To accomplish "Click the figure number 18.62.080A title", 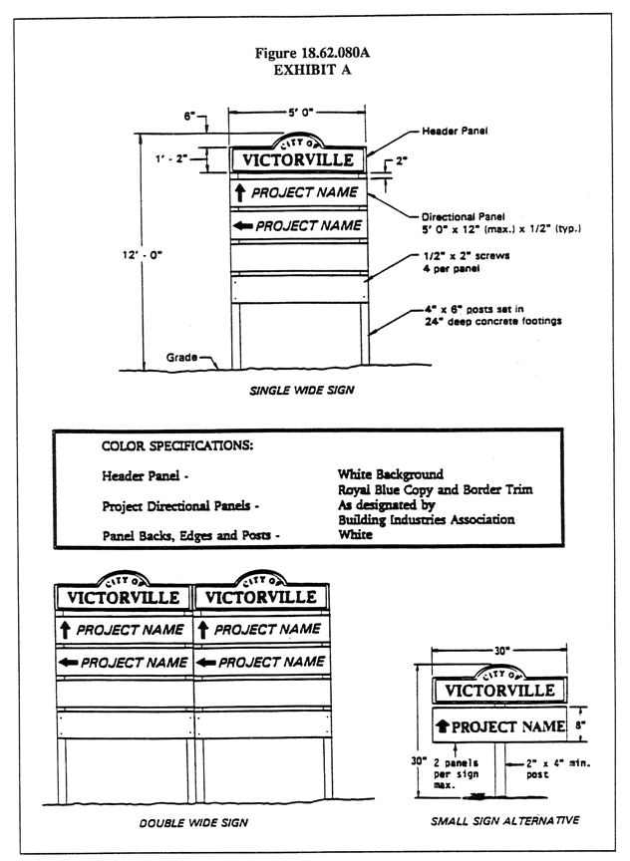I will (x=315, y=53).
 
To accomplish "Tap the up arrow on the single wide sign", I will (x=239, y=191).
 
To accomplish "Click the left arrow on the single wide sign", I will (x=241, y=227).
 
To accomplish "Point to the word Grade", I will (x=185, y=356).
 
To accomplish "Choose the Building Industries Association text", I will (x=426, y=519).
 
